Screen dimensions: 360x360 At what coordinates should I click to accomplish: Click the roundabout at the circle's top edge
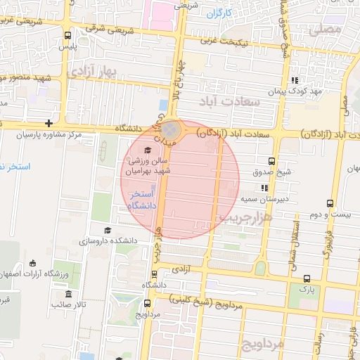pyautogui.click(x=170, y=130)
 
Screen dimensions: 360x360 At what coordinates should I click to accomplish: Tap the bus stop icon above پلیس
pyautogui.click(x=67, y=35)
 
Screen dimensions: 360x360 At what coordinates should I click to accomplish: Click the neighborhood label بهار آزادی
pyautogui.click(x=91, y=72)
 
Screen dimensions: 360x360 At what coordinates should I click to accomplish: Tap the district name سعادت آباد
pyautogui.click(x=231, y=102)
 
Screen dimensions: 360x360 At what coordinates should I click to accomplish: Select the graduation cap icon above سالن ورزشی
pyautogui.click(x=148, y=150)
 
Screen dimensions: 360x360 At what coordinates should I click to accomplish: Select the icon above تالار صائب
pyautogui.click(x=68, y=294)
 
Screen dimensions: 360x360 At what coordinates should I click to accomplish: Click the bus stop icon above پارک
pyautogui.click(x=305, y=278)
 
